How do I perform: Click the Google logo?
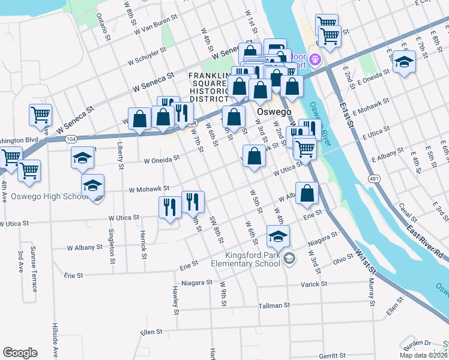pos(20,353)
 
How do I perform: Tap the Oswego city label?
pos(274,112)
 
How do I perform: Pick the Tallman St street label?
pos(274,305)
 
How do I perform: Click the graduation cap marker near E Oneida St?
pos(404,62)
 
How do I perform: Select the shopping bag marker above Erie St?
pos(307,194)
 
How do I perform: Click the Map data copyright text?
pos(423,355)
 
